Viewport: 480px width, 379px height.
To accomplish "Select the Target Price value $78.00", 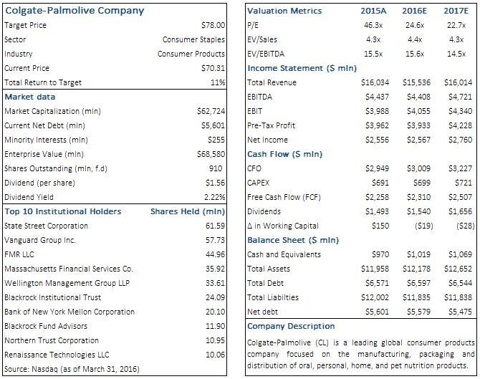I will pos(211,25).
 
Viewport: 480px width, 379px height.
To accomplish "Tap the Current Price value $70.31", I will pos(211,68).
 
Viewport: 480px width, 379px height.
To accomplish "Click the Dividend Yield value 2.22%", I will pos(213,197).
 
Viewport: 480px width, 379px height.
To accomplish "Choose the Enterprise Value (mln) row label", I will pos(44,154).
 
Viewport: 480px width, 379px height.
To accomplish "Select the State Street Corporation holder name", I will pos(46,226).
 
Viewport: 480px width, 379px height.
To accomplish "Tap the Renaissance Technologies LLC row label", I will pos(57,355).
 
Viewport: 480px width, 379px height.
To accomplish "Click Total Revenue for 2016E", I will pos(416,82).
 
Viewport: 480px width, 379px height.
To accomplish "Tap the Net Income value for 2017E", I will pos(462,140).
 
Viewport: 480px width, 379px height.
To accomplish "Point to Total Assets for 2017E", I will pos(459,269).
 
